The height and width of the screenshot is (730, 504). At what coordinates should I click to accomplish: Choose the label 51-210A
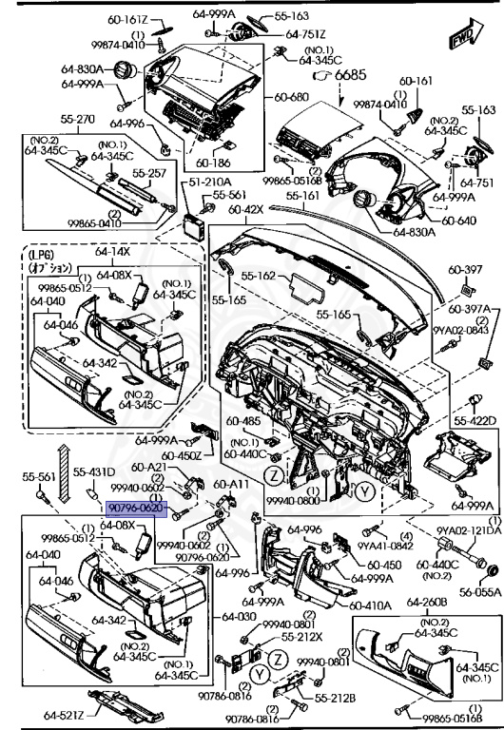click(208, 180)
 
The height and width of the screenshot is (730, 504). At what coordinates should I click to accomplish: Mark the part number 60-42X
click(247, 208)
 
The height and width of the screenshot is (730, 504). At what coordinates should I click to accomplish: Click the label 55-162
click(262, 276)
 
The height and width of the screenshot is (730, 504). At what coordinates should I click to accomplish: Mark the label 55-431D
click(94, 472)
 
